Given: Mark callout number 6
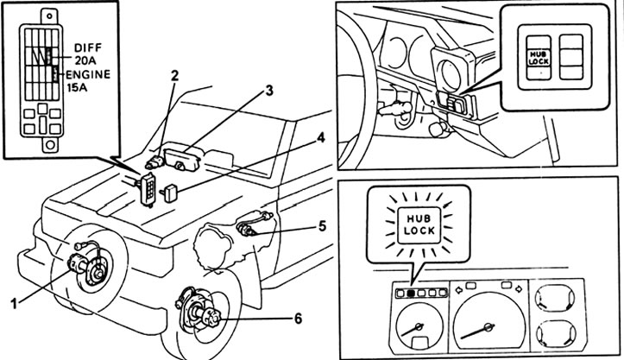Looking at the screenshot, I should pyautogui.click(x=298, y=319).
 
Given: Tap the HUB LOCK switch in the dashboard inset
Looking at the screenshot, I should pyautogui.click(x=539, y=57).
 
